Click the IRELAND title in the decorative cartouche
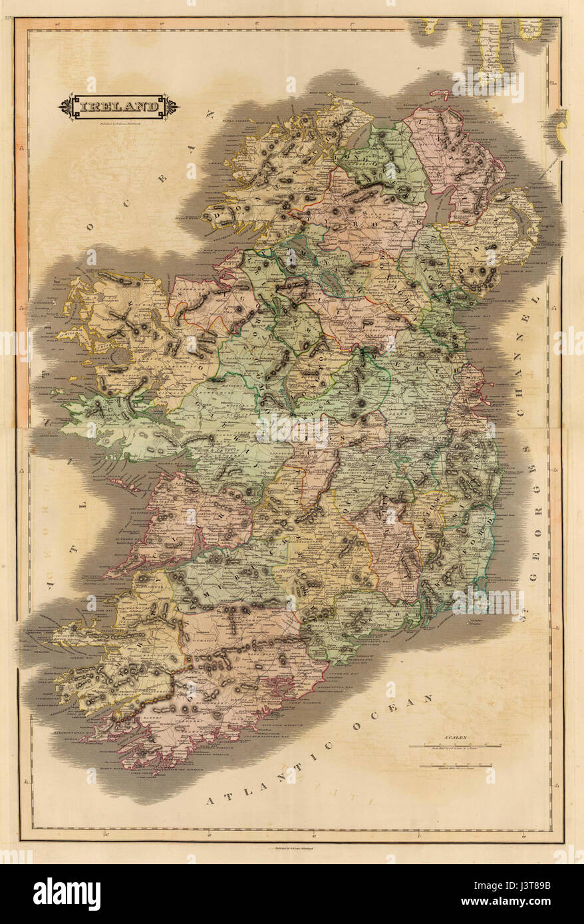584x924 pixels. [x=119, y=106]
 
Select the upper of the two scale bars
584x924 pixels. [x=455, y=747]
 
